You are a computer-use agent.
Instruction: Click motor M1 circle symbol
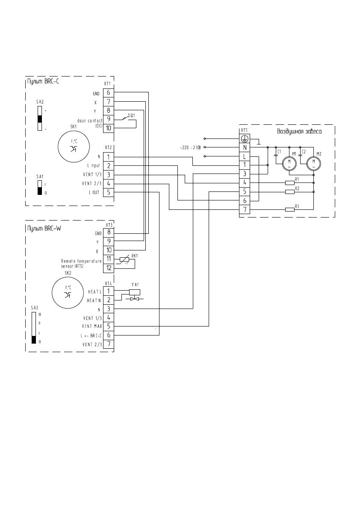(289, 162)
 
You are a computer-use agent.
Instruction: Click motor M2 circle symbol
(314, 162)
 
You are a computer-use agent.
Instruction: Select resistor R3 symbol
(290, 209)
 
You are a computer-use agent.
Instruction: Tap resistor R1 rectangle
(290, 182)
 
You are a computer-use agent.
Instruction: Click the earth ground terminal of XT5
(245, 138)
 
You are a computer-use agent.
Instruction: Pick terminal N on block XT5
(245, 147)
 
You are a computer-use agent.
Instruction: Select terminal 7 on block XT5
(245, 209)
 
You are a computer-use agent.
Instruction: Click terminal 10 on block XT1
(109, 128)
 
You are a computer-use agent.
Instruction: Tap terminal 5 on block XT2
(109, 192)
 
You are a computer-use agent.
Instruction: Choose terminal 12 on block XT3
(109, 268)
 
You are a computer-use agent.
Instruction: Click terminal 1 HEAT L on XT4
(109, 291)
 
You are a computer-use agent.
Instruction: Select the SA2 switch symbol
(40, 118)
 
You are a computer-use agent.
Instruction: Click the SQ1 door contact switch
(127, 118)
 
